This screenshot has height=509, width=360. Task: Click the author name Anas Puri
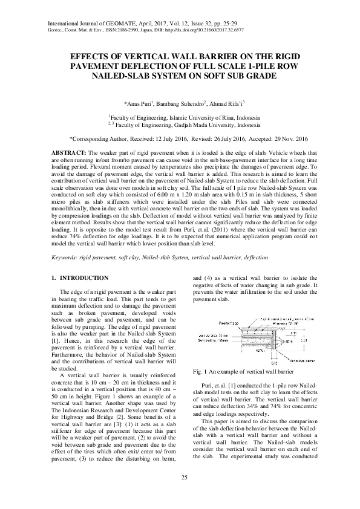click(x=140, y=103)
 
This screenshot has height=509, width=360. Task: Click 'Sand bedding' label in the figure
click(x=212, y=341)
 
